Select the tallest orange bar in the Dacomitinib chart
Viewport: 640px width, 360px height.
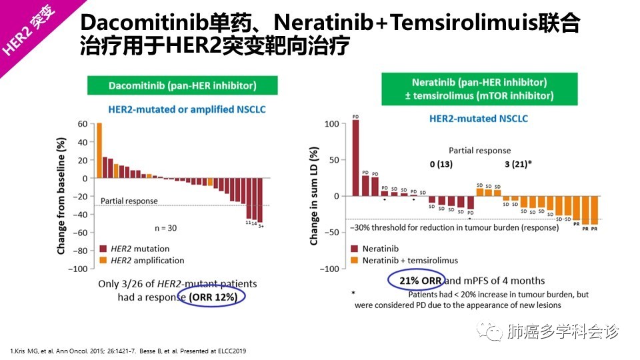pyautogui.click(x=99, y=150)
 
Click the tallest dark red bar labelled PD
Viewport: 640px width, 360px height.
pyautogui.click(x=355, y=157)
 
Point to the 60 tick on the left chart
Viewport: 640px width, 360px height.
pyautogui.click(x=83, y=124)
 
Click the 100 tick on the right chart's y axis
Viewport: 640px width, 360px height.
pyautogui.click(x=331, y=124)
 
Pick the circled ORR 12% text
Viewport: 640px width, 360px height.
pyautogui.click(x=213, y=297)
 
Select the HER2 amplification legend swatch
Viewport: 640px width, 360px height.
pyautogui.click(x=102, y=260)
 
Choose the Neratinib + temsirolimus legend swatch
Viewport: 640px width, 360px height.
pyautogui.click(x=355, y=260)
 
